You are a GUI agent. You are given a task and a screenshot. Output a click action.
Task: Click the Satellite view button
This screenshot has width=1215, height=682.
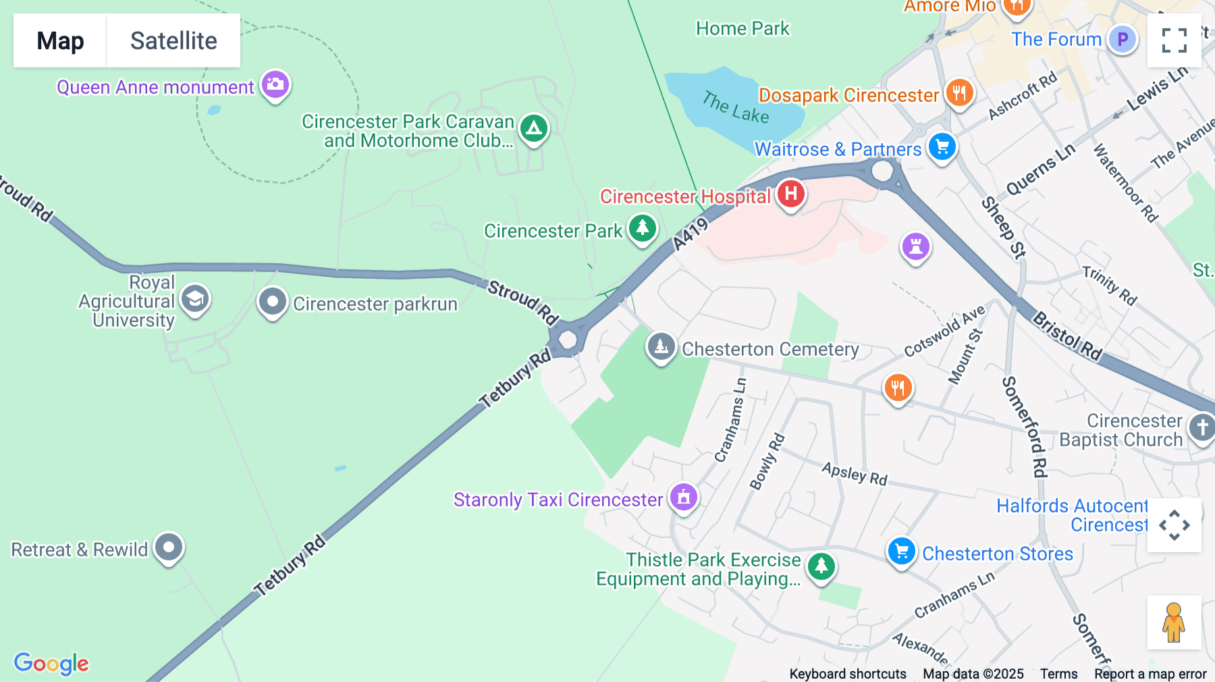(x=173, y=41)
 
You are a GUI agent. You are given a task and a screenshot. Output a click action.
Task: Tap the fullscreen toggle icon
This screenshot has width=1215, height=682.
(x=1174, y=41)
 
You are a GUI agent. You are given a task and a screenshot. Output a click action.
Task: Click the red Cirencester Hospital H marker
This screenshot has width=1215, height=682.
(x=790, y=194)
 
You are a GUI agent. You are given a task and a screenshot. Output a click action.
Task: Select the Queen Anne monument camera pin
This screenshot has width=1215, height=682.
(x=275, y=85)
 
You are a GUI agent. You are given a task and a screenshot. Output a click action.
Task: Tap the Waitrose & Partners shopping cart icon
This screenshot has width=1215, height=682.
(x=942, y=147)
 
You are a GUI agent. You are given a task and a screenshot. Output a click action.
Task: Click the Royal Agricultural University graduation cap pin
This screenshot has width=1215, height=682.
(x=195, y=299)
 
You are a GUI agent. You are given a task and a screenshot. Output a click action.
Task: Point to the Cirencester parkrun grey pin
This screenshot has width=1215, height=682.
(x=273, y=303)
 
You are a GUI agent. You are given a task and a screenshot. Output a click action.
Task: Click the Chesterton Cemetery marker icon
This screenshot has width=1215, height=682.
(x=661, y=347)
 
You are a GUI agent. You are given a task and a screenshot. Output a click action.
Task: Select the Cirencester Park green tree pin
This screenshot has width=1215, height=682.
(x=642, y=228)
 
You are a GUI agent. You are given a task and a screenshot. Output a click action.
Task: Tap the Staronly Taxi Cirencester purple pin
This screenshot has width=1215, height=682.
(x=683, y=498)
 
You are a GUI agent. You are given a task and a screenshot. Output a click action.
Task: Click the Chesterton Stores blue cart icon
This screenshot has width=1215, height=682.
(x=901, y=552)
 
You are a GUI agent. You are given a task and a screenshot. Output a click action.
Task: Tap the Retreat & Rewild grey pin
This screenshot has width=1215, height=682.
(x=169, y=547)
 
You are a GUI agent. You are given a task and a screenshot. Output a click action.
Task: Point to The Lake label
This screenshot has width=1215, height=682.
(x=735, y=107)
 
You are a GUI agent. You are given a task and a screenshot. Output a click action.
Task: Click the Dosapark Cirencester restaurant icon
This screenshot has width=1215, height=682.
(x=959, y=93)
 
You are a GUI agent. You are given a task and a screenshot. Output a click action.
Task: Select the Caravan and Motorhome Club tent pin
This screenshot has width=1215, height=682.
(x=534, y=128)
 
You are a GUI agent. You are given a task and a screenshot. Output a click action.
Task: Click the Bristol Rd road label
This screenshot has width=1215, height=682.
(x=1067, y=336)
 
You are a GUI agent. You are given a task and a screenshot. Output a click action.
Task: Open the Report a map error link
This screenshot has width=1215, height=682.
(x=1150, y=673)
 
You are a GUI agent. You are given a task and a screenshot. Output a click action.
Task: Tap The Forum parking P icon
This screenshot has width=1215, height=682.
(x=1122, y=39)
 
